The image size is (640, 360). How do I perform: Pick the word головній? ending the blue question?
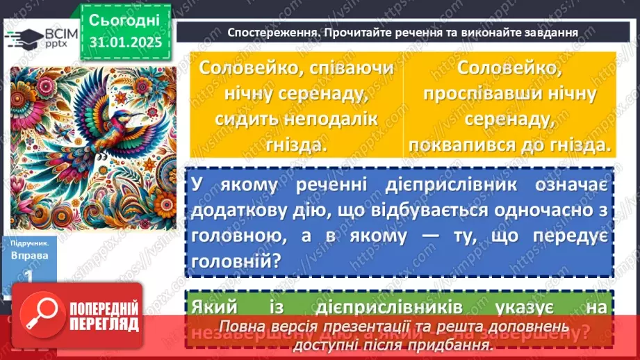tap(234, 262)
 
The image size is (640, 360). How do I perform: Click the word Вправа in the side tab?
tap(30, 255)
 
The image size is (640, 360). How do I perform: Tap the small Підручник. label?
tap(30, 244)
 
